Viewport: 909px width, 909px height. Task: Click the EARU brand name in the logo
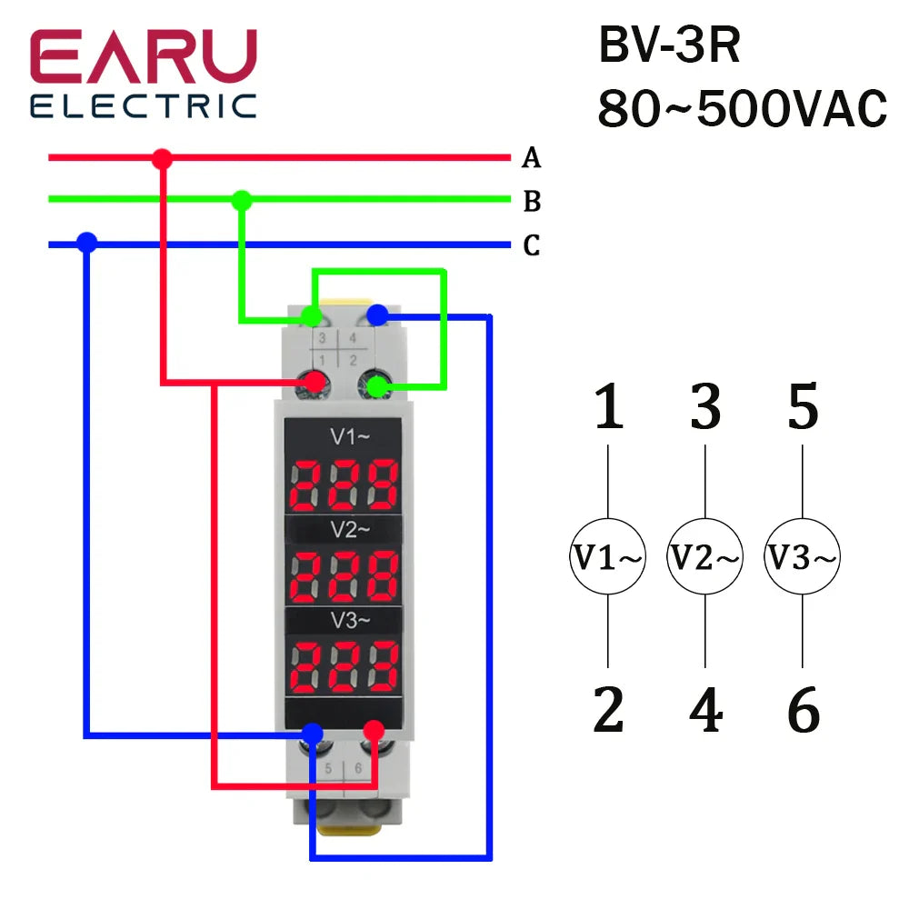point(144,56)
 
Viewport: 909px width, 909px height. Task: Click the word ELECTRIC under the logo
point(144,106)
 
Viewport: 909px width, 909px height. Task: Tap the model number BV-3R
point(670,45)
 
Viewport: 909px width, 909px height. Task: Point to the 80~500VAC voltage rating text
point(743,108)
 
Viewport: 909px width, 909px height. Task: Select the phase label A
point(531,157)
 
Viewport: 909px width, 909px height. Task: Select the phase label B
point(532,201)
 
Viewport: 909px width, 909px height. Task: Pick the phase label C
point(532,245)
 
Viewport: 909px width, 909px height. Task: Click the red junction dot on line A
point(163,158)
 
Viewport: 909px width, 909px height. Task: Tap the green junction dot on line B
point(242,200)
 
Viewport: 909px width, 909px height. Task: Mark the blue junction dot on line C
point(87,243)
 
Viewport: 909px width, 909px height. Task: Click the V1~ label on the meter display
point(350,436)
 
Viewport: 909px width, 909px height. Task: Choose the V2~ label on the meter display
point(350,529)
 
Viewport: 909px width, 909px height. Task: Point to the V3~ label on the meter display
point(350,620)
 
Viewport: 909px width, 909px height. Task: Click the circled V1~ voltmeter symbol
point(607,556)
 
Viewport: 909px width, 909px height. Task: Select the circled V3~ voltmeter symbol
point(803,556)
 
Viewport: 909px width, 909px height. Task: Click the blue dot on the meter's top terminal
point(377,315)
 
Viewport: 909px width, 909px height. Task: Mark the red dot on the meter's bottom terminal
point(374,731)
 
